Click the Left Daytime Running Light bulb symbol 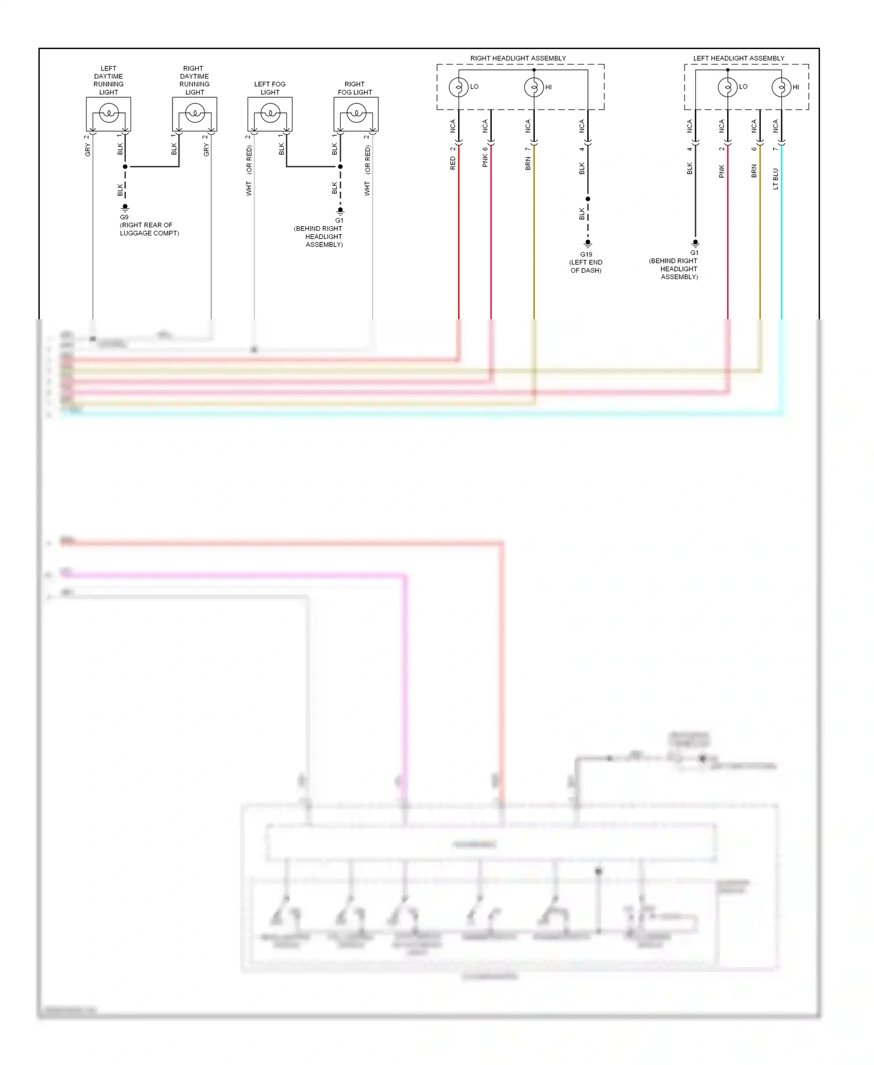pyautogui.click(x=109, y=113)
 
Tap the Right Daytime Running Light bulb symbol pyautogui.click(x=195, y=113)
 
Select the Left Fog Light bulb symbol pyautogui.click(x=270, y=113)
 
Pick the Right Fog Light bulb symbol pyautogui.click(x=356, y=113)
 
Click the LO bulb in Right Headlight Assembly pyautogui.click(x=459, y=87)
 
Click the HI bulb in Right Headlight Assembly pyautogui.click(x=534, y=87)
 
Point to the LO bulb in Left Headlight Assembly pyautogui.click(x=728, y=87)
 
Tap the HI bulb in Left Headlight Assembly pyautogui.click(x=781, y=87)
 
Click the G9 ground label pyautogui.click(x=124, y=217)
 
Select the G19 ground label pyautogui.click(x=586, y=255)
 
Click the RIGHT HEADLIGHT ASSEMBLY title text pyautogui.click(x=518, y=58)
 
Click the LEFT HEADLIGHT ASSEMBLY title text pyautogui.click(x=738, y=58)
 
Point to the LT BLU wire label pyautogui.click(x=776, y=179)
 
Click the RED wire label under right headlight pyautogui.click(x=453, y=163)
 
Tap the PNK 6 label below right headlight pyautogui.click(x=485, y=157)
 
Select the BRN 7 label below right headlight pyautogui.click(x=528, y=158)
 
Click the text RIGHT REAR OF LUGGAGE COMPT pyautogui.click(x=149, y=229)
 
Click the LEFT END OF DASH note pyautogui.click(x=586, y=266)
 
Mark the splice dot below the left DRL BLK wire pyautogui.click(x=125, y=167)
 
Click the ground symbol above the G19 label pyautogui.click(x=588, y=244)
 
